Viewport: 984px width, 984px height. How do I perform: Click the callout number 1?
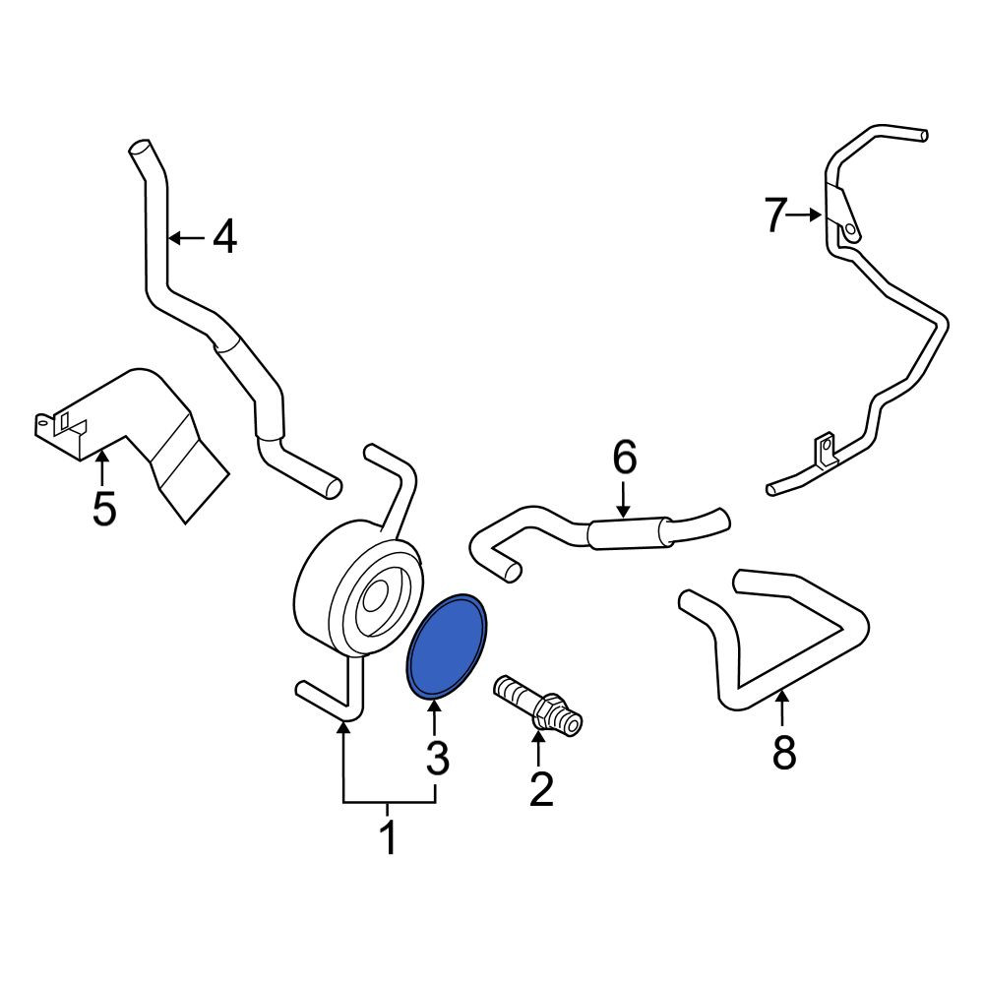[389, 836]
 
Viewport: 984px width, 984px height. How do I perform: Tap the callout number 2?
[541, 788]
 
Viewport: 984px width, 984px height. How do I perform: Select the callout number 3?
[438, 758]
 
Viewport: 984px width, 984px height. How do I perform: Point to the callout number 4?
[224, 237]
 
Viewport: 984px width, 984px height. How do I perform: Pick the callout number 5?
[104, 508]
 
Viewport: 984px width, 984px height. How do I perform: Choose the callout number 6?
[625, 457]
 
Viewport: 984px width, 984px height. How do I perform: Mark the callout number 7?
[775, 215]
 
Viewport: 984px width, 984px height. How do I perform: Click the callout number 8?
[784, 752]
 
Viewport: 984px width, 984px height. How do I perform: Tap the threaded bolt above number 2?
[538, 705]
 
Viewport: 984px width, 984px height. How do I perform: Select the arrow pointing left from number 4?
[187, 238]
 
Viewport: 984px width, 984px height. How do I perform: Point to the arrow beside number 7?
[805, 215]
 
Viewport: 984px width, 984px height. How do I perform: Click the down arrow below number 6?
[623, 500]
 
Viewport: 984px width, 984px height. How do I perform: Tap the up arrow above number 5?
[102, 467]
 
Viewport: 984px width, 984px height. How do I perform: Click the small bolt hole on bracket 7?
[850, 229]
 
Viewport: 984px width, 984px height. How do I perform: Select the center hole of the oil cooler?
[375, 595]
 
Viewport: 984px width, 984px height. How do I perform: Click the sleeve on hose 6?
[628, 533]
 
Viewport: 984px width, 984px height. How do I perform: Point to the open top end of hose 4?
[140, 149]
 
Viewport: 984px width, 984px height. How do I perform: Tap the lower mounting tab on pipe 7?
[826, 450]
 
